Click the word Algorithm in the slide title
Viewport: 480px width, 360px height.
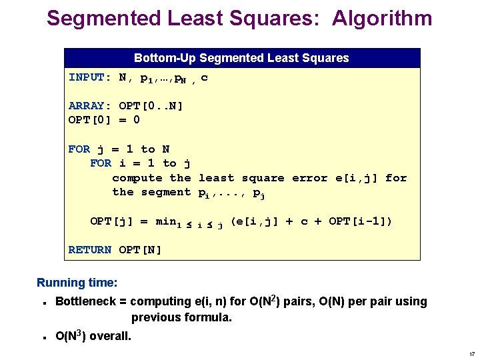click(375, 19)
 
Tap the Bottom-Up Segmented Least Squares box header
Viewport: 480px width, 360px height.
click(241, 58)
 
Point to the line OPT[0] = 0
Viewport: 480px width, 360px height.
click(104, 120)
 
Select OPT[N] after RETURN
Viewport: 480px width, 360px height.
click(140, 250)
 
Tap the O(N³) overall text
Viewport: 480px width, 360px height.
click(93, 336)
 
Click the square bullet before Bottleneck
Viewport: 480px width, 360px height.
click(43, 303)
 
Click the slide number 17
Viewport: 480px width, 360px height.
click(471, 353)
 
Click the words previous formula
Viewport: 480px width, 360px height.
click(181, 317)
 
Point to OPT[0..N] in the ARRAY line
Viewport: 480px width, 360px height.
click(151, 105)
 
